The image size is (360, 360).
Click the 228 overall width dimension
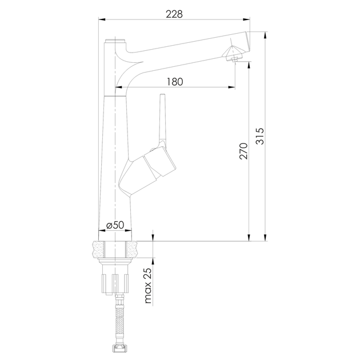point(174,14)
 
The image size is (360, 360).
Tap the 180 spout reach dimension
point(175,82)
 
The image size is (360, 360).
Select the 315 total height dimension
point(260,136)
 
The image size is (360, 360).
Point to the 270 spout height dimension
point(243,151)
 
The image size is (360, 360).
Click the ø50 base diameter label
point(115,225)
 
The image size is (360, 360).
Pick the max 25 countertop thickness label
point(149,286)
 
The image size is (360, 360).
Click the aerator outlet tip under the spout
point(234,60)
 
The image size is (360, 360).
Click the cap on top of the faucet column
point(114,41)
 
